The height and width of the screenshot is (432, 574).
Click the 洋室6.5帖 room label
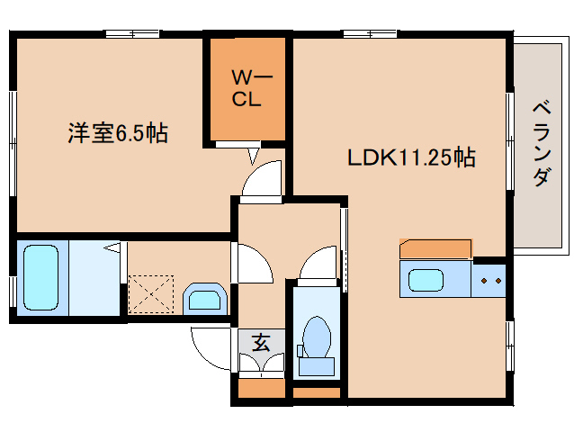click(117, 134)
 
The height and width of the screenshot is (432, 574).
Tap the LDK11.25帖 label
click(411, 157)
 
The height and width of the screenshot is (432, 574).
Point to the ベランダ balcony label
click(541, 143)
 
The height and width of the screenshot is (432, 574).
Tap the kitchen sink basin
click(433, 280)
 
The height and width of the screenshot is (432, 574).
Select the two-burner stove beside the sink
click(490, 280)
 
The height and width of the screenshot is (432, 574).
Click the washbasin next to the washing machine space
click(205, 299)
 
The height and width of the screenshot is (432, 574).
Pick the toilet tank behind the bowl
click(315, 365)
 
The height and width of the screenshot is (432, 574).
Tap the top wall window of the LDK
click(369, 34)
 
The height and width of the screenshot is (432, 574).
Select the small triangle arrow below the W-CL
click(254, 157)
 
